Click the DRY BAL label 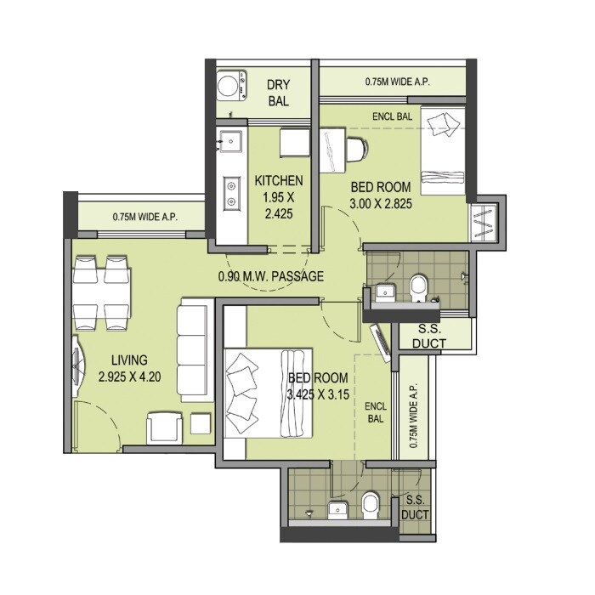(278, 93)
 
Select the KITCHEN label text (278, 180)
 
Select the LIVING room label (122, 360)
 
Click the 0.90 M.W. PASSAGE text (270, 276)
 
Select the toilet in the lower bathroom (371, 505)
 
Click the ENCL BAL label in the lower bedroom (376, 413)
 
